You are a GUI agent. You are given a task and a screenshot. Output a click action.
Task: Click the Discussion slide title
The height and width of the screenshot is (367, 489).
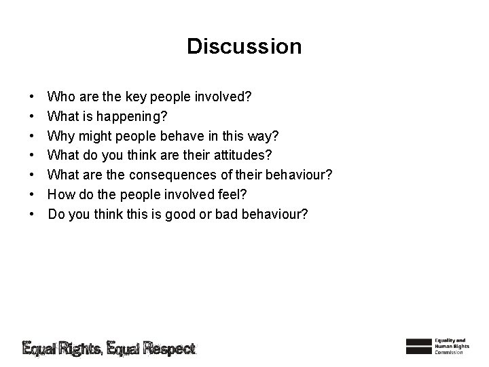click(x=244, y=46)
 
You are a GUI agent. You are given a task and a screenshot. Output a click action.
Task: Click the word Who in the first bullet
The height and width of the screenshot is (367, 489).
click(x=62, y=97)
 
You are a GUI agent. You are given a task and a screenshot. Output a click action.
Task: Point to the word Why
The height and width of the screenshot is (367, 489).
click(x=61, y=136)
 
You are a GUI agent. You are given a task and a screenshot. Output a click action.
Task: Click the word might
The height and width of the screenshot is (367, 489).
click(x=94, y=136)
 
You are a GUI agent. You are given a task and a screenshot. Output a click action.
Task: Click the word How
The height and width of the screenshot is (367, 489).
click(x=62, y=195)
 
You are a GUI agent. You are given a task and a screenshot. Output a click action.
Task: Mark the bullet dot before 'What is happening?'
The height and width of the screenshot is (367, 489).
click(x=33, y=117)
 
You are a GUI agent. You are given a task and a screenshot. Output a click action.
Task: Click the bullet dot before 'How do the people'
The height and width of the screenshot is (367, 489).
click(x=33, y=195)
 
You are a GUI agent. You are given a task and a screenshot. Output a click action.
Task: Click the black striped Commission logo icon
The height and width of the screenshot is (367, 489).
click(x=418, y=345)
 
